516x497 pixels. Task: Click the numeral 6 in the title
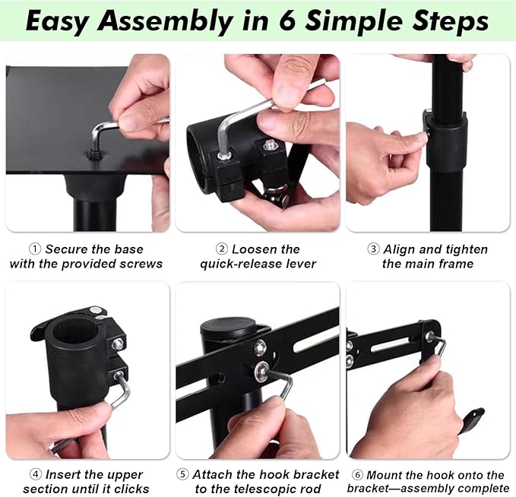coord(289,21)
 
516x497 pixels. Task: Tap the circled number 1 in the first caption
coord(35,248)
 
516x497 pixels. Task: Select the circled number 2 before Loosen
coord(222,248)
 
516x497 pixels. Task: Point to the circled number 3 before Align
coord(373,248)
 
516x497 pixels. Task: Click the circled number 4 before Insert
coord(36,474)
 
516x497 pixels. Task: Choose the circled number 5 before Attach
coord(182,474)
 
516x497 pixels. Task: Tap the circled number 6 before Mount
coord(358,475)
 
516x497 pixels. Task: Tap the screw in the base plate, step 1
coord(93,154)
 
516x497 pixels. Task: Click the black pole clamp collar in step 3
coord(446,141)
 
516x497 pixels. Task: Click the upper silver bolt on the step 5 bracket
coord(260,347)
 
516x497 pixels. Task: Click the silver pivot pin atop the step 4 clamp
coord(96,310)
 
